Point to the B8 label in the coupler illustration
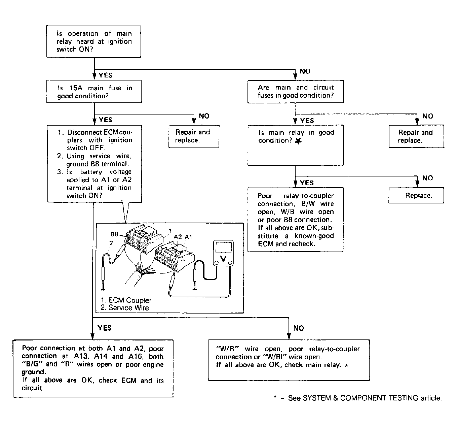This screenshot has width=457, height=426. click(114, 234)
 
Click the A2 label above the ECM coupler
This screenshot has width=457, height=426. click(178, 237)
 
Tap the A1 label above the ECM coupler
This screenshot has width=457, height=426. click(188, 237)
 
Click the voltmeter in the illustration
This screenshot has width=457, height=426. click(223, 253)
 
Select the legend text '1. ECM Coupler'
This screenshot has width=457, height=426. click(126, 300)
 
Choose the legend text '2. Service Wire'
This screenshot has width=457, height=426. click(124, 307)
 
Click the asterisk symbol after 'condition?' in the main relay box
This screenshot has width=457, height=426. click(298, 141)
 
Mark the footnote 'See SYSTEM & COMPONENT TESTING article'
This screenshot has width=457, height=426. click(365, 398)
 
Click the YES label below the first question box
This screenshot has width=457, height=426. click(105, 75)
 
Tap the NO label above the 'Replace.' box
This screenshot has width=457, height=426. click(427, 178)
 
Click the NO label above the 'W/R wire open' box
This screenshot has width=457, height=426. click(299, 328)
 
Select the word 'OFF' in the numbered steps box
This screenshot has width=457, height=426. click(97, 148)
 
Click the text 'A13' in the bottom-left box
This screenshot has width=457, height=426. click(81, 356)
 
